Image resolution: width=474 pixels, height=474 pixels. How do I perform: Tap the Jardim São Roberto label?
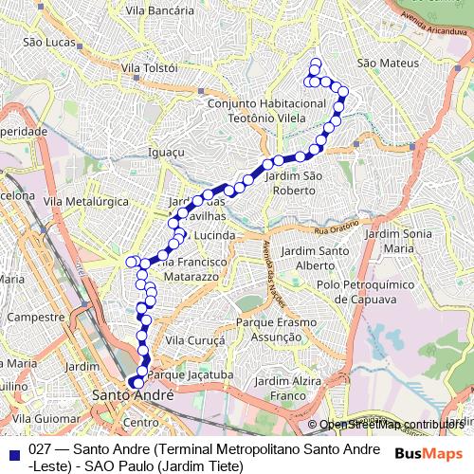296,183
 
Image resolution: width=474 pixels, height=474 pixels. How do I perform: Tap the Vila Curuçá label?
193,339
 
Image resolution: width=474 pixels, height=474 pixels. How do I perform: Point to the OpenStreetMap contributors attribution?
391,425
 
